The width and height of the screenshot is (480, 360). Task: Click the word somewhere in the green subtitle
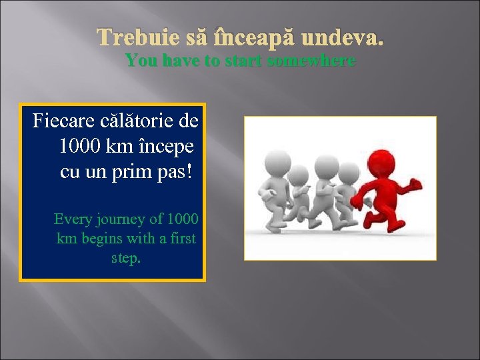pyautogui.click(x=311, y=61)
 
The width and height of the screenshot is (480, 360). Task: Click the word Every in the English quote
pyautogui.click(x=73, y=219)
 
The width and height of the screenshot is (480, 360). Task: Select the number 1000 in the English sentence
pyautogui.click(x=183, y=219)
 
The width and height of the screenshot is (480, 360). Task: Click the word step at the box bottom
pyautogui.click(x=125, y=257)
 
